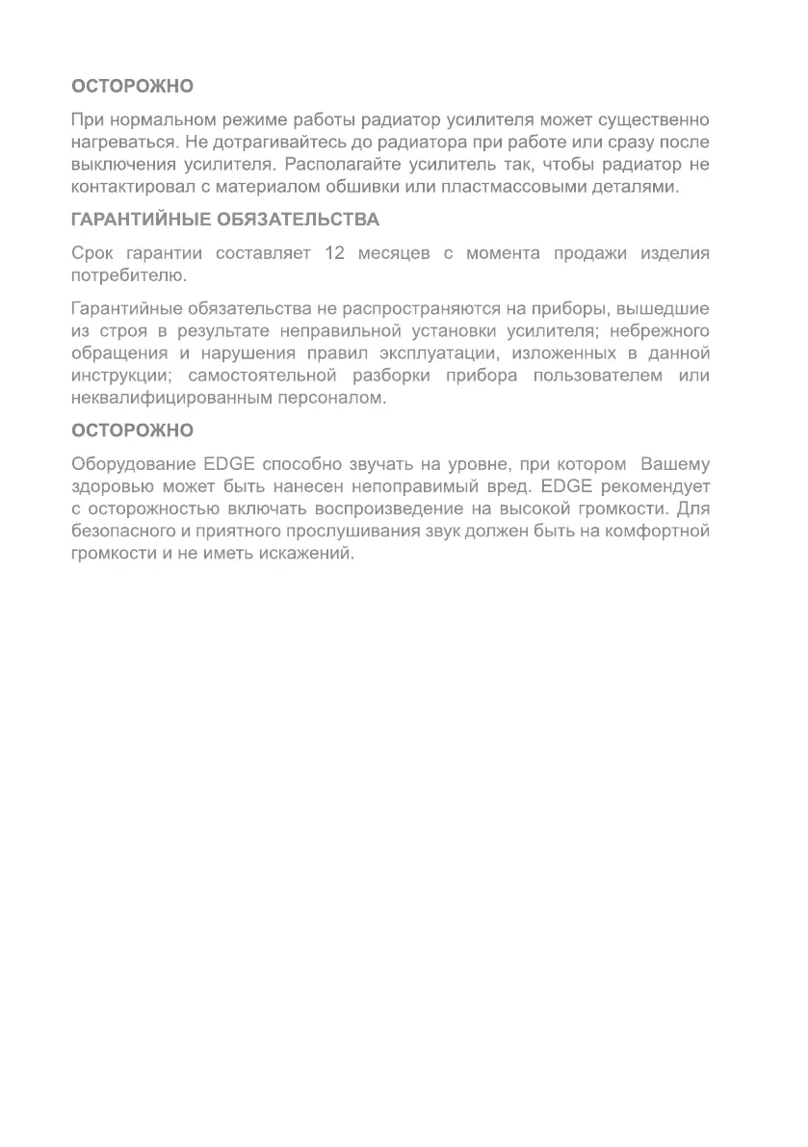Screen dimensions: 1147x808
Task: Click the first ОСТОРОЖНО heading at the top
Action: pyautogui.click(x=133, y=86)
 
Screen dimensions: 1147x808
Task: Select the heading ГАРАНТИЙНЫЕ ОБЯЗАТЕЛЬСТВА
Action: pyautogui.click(x=225, y=220)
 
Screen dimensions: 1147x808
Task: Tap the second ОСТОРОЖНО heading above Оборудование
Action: pyautogui.click(x=133, y=430)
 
